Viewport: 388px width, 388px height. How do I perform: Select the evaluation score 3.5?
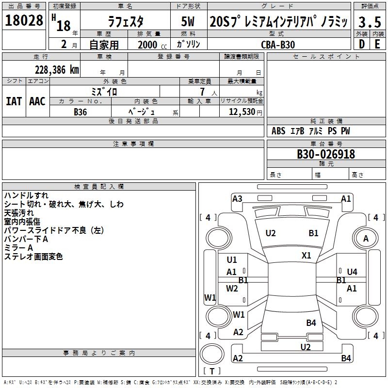[369, 22]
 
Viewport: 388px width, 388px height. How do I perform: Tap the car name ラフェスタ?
[125, 22]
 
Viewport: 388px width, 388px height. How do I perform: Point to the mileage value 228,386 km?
[57, 70]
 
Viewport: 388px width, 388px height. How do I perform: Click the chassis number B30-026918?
[325, 155]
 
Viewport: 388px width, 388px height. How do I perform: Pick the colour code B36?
[81, 112]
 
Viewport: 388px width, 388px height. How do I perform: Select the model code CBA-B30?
[277, 44]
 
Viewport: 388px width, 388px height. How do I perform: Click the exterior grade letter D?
[361, 44]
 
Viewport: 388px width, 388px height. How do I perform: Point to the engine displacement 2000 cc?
[150, 45]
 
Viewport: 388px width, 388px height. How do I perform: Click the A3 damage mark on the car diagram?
[237, 198]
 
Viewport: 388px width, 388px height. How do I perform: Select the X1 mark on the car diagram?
[306, 255]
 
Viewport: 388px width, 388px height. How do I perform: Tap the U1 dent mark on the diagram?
[232, 260]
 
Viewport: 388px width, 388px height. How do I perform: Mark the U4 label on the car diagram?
[352, 272]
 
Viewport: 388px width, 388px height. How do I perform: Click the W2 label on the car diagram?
[232, 289]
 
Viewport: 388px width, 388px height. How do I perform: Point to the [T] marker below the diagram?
[212, 371]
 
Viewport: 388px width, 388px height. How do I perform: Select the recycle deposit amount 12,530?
[241, 112]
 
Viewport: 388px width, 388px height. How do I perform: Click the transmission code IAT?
[14, 101]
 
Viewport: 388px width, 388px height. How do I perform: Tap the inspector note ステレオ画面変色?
[33, 257]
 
